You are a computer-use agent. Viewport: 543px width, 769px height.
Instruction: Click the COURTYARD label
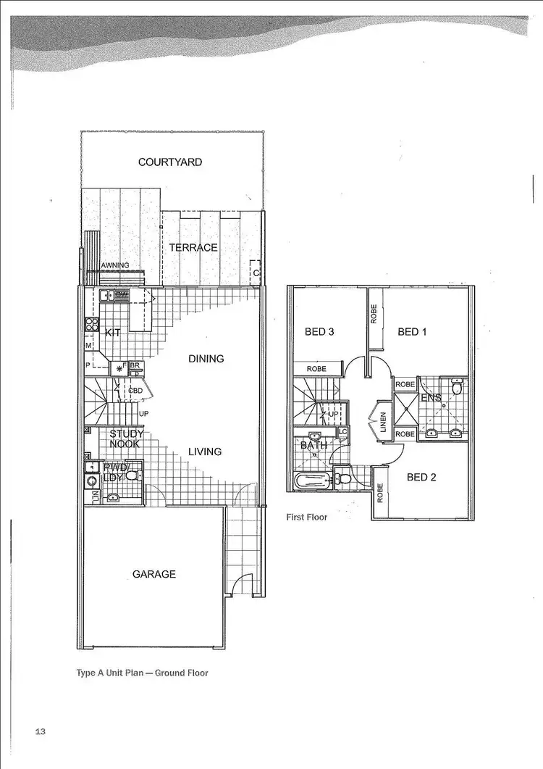[x=170, y=162]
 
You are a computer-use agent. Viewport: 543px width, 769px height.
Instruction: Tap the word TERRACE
[x=193, y=248]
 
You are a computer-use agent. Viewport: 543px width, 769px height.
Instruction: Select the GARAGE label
[x=153, y=574]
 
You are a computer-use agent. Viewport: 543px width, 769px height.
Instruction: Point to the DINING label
[x=206, y=359]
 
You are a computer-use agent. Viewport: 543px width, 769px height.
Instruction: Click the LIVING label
[x=205, y=452]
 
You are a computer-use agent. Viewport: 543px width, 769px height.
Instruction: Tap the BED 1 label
[x=413, y=332]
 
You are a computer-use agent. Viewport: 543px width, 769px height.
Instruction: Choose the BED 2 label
[x=421, y=477]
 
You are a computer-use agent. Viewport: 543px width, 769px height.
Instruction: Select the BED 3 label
[x=319, y=332]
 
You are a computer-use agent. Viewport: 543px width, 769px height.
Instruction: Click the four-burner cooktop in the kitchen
[x=92, y=325]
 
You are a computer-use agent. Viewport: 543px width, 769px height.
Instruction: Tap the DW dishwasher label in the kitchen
[x=122, y=295]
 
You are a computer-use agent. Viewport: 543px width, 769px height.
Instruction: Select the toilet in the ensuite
[x=456, y=388]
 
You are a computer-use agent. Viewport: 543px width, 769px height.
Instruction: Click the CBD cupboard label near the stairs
[x=135, y=391]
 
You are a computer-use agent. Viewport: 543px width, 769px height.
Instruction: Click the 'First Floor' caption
[x=307, y=517]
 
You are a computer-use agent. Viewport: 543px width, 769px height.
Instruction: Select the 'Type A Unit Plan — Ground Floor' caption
[x=142, y=673]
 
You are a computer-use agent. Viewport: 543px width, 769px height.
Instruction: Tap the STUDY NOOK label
[x=126, y=438]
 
